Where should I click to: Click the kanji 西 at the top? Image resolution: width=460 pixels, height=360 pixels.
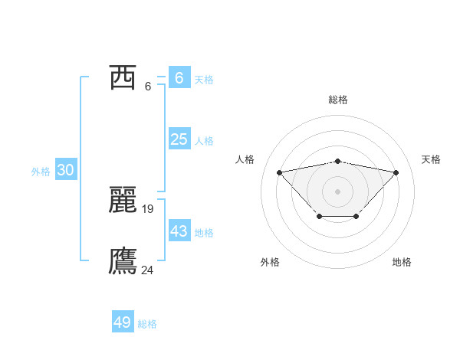(123, 78)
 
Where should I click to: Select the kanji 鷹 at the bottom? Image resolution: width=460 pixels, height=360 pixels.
(123, 261)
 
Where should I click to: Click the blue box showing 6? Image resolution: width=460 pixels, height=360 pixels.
(179, 78)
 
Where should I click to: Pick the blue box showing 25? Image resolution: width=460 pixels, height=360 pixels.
(179, 139)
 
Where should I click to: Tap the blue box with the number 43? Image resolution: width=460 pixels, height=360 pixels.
(179, 231)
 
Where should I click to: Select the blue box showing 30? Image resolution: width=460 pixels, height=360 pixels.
(65, 170)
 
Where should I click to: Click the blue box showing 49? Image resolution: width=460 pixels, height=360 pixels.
(123, 322)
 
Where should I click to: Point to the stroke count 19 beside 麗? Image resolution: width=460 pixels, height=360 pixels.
(148, 208)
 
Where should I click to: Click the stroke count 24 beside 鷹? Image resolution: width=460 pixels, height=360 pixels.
(148, 270)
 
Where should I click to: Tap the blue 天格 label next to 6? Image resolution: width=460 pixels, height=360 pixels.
(204, 80)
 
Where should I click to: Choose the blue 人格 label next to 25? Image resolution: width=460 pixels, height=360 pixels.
(204, 141)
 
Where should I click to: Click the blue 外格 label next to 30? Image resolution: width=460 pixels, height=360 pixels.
(41, 172)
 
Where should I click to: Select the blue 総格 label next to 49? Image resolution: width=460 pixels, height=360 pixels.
(147, 324)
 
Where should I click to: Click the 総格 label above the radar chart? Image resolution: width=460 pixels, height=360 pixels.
(337, 100)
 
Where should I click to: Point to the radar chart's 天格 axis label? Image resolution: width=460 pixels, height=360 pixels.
(432, 159)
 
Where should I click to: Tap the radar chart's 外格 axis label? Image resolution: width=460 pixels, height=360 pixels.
(270, 262)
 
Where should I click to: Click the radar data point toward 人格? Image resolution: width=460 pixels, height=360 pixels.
(279, 172)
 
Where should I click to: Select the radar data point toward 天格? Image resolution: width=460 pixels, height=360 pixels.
(396, 172)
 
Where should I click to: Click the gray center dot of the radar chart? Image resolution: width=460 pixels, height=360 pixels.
(337, 191)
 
